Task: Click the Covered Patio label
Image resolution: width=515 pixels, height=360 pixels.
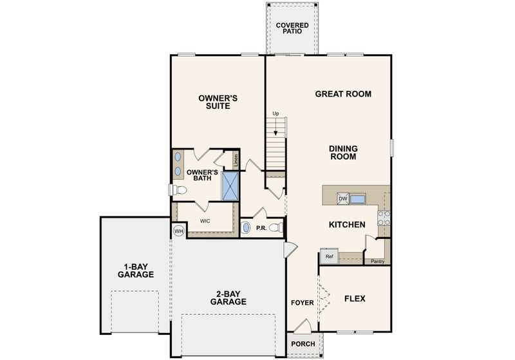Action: [x=292, y=28]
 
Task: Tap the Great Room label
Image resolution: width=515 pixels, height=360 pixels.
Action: [x=342, y=94]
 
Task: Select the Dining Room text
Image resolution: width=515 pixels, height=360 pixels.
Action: [x=343, y=152]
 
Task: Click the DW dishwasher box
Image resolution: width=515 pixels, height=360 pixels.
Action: [x=343, y=199]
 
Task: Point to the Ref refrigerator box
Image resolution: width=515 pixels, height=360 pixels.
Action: [x=329, y=256]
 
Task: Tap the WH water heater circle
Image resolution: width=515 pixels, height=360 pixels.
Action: [x=178, y=231]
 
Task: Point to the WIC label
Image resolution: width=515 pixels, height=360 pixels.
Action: [x=205, y=220]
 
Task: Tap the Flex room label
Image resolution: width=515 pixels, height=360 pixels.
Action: [x=355, y=299]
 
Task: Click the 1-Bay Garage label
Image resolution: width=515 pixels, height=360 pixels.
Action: [x=135, y=270]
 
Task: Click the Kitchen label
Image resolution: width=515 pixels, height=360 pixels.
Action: [x=347, y=225]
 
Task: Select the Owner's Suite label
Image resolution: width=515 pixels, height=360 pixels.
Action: [x=218, y=102]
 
